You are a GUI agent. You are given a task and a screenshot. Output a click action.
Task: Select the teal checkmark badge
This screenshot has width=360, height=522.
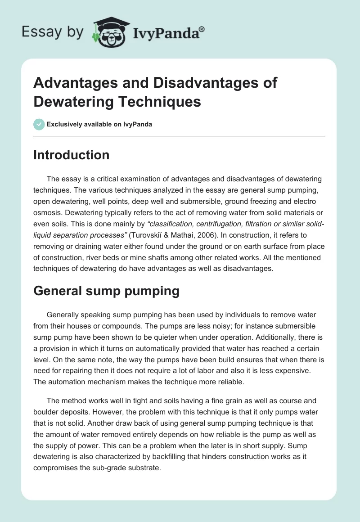pyautogui.click(x=39, y=124)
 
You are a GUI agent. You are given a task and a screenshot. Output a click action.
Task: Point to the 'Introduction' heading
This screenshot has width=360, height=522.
pyautogui.click(x=71, y=155)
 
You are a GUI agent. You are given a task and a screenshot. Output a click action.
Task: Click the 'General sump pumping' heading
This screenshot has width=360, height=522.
pyautogui.click(x=106, y=291)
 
